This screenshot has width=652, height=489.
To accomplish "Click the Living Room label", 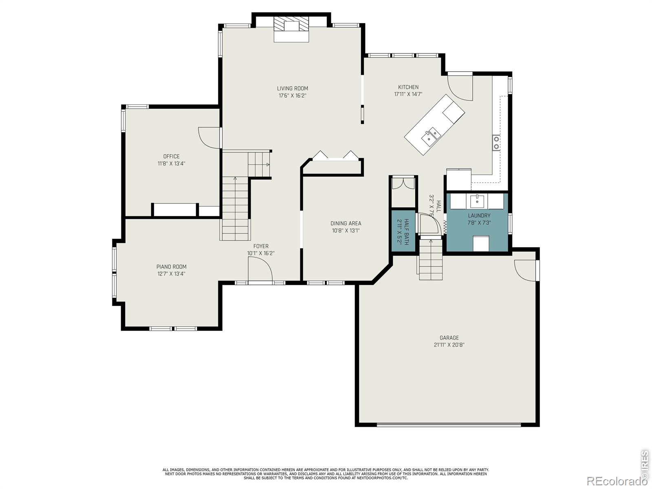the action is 292,88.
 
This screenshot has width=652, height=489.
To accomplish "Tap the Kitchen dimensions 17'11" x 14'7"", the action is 408,94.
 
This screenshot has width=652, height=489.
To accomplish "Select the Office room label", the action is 172,156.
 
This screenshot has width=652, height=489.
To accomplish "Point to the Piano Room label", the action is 172,267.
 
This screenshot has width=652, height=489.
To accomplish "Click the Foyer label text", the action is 261,246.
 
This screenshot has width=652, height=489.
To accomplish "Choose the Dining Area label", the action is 346,223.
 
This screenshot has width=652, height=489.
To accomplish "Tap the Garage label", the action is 449,337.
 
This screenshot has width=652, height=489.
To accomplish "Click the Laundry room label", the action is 479,216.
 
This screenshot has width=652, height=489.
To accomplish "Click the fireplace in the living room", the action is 291,29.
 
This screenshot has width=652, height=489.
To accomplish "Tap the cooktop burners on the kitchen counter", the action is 496,143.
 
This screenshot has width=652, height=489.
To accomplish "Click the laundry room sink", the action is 477,201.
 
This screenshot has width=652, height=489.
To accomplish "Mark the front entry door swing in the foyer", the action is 260,269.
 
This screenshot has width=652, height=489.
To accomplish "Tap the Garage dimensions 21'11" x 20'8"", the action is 449,345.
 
